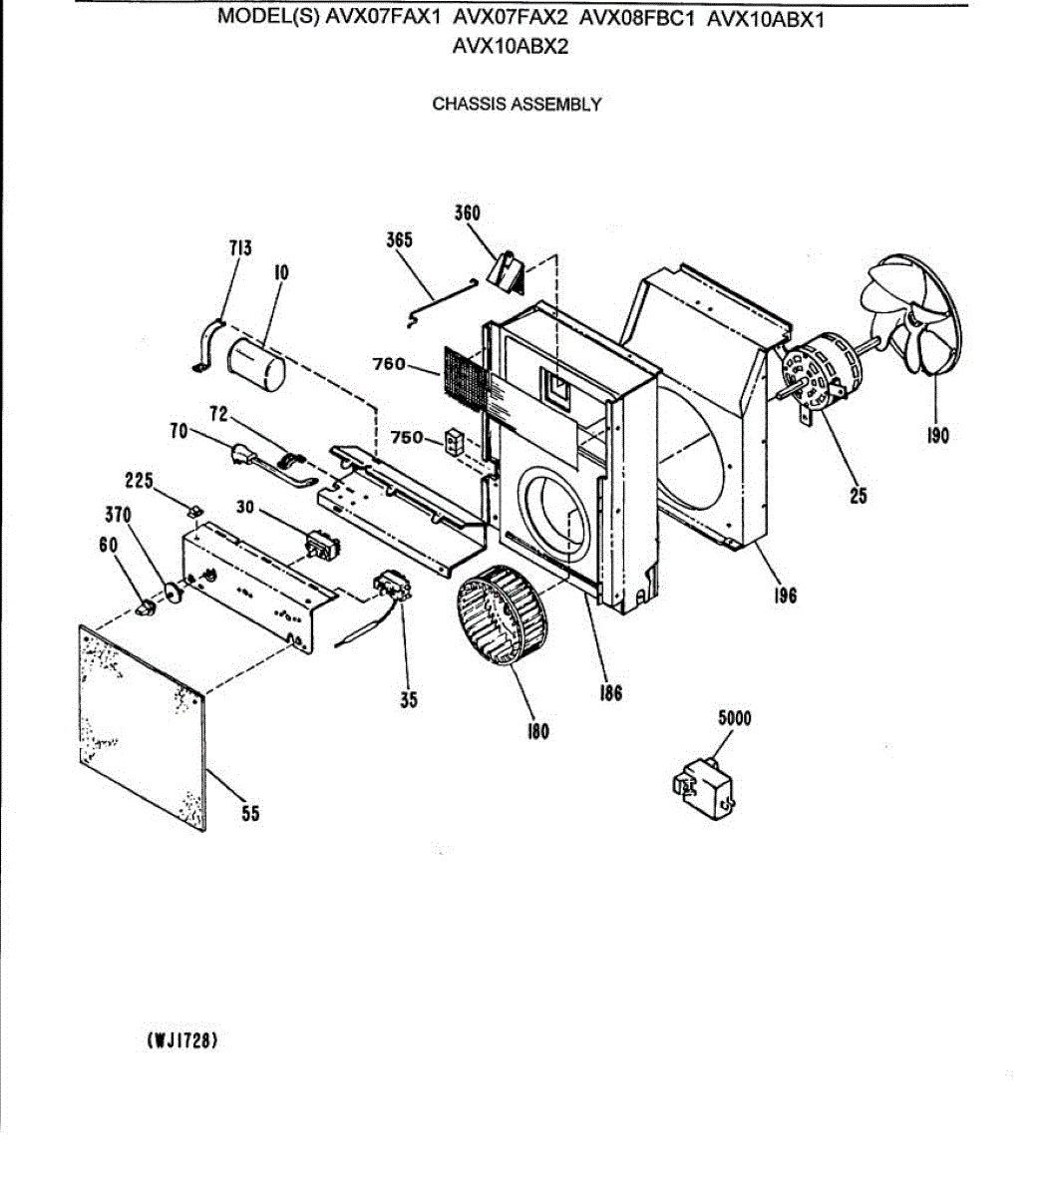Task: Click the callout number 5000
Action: click(734, 718)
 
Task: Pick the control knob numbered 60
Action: click(146, 604)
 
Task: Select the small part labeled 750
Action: click(454, 441)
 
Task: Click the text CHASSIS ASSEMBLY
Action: click(517, 104)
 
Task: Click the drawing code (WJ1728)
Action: click(182, 1040)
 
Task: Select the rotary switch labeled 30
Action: click(323, 546)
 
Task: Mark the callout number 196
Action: click(785, 596)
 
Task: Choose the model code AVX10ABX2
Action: click(511, 46)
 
